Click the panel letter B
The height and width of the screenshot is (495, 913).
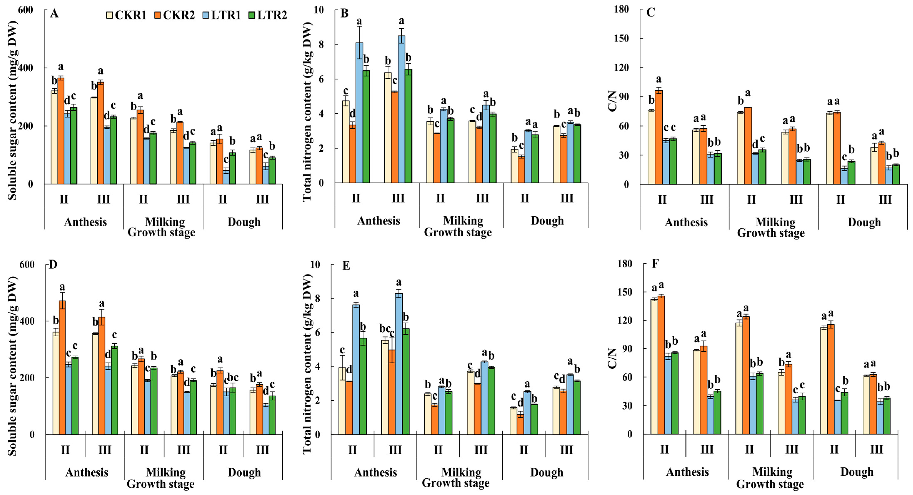pos(344,14)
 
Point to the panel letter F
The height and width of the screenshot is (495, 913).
pos(655,264)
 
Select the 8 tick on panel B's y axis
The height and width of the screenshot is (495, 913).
pos(321,44)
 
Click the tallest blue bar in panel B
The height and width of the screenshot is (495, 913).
pos(401,109)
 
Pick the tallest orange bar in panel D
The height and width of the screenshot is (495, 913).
pos(62,367)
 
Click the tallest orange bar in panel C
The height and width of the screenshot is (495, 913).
pos(659,137)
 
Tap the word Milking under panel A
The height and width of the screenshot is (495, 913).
pos(165,222)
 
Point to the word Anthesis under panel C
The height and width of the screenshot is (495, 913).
pos(686,222)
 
